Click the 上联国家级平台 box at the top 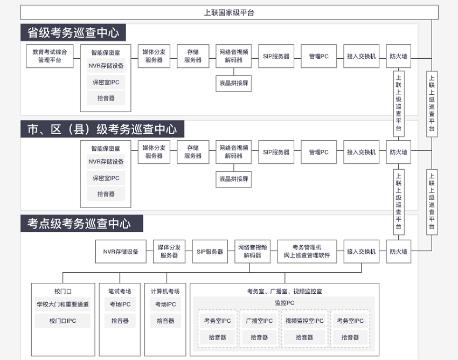pyautogui.click(x=230, y=12)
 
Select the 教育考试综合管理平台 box pyautogui.click(x=50, y=56)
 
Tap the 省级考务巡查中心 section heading pyautogui.click(x=73, y=32)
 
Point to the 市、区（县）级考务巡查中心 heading pyautogui.click(x=102, y=129)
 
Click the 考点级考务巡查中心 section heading pyautogui.click(x=82, y=224)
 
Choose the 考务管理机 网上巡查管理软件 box pyautogui.click(x=307, y=252)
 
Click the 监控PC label pyautogui.click(x=284, y=303)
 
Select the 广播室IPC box pyautogui.click(x=259, y=321)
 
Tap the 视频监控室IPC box pyautogui.click(x=304, y=321)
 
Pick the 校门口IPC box pyautogui.click(x=63, y=321)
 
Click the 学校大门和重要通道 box pyautogui.click(x=63, y=304)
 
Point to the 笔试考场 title pyautogui.click(x=120, y=291)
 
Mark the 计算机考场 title pyautogui.click(x=165, y=291)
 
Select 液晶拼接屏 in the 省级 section pyautogui.click(x=234, y=83)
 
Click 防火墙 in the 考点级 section pyautogui.click(x=398, y=252)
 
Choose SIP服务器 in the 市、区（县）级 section pyautogui.click(x=276, y=152)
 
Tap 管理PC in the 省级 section pyautogui.click(x=319, y=56)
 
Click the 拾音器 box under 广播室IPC pyautogui.click(x=259, y=337)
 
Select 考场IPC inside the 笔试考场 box pyautogui.click(x=120, y=304)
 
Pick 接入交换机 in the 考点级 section pyautogui.click(x=362, y=252)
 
